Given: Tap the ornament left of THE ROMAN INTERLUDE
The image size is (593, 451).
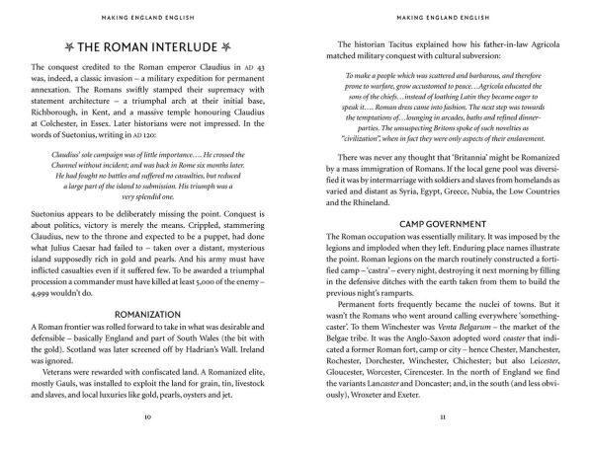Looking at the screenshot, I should [x=64, y=47].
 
